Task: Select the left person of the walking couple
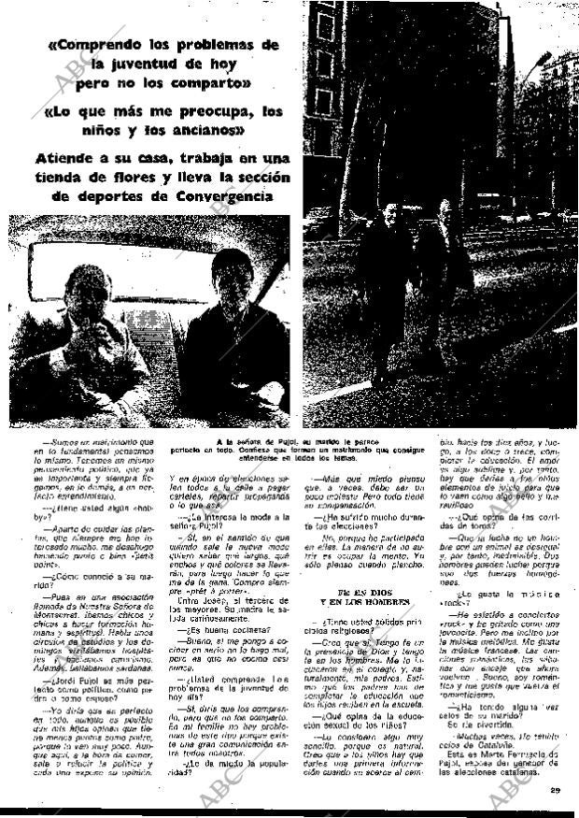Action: tap(392, 280)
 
